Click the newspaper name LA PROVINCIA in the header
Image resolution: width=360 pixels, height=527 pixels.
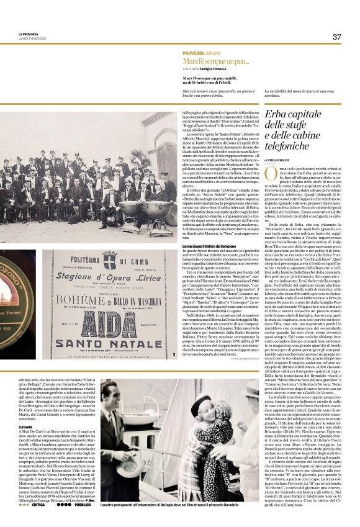28,34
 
